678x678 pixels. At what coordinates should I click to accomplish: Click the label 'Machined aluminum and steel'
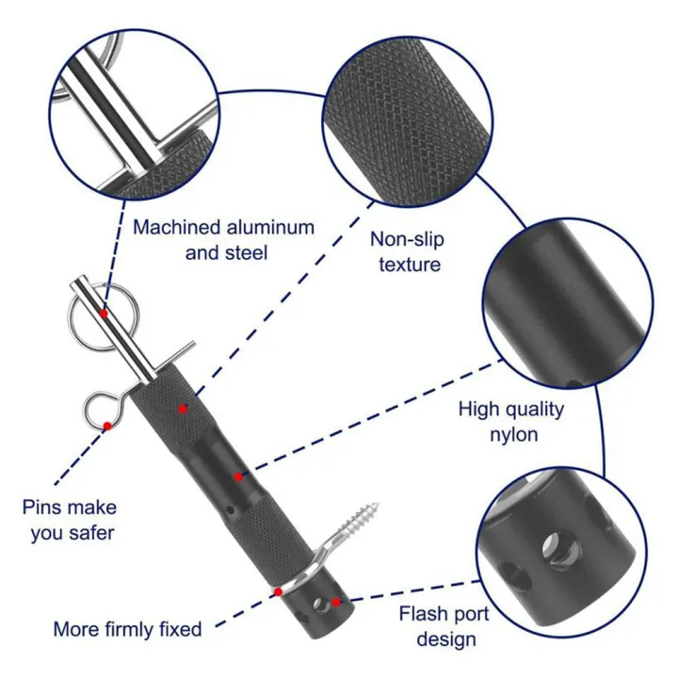coord(223,240)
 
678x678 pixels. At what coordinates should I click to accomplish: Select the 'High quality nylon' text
coord(510,421)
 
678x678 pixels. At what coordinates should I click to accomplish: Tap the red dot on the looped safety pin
coord(107,427)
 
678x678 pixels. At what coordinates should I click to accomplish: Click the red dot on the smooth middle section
coord(239,476)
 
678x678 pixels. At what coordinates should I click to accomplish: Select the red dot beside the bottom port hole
coord(337,602)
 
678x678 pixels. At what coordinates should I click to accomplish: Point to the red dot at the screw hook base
coord(279,591)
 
